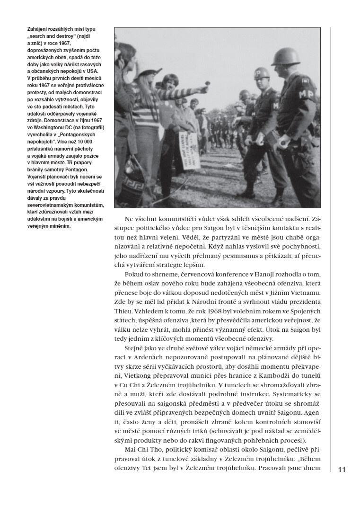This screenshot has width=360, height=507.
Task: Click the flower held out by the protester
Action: (x=207, y=84)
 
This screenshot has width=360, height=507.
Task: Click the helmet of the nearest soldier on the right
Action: (x=286, y=56)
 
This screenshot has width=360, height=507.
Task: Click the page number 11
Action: (x=342, y=470)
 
